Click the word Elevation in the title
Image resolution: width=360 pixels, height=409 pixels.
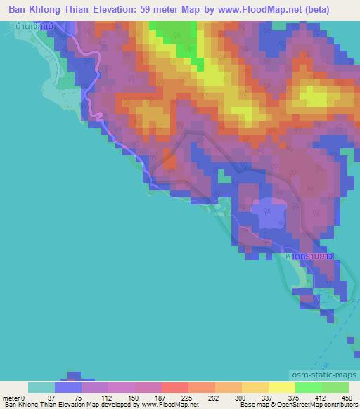coord(116,10)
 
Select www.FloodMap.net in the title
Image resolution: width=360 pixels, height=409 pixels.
coord(271,10)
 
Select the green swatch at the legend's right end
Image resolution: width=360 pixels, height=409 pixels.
coord(335,387)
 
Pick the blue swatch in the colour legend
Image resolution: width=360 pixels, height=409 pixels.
coord(68,387)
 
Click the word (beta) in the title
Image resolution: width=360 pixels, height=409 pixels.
coord(331,10)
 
